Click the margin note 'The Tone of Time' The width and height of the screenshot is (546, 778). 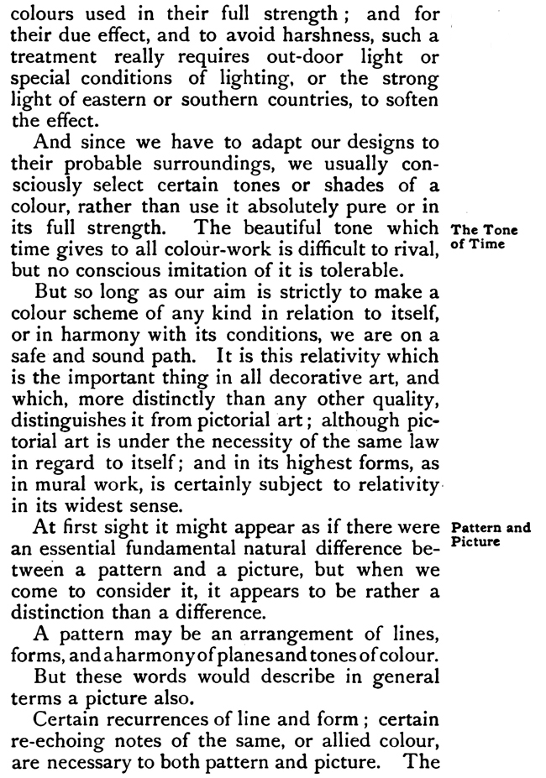coord(485,237)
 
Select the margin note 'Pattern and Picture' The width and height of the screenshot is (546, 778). coord(491,535)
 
